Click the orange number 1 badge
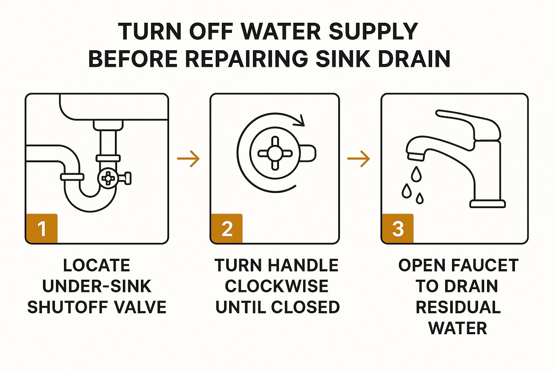(x=42, y=228)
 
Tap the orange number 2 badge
(x=227, y=228)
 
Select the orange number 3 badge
(x=397, y=228)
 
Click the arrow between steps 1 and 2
(x=188, y=159)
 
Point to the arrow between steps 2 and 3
(x=358, y=159)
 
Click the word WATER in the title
(x=281, y=31)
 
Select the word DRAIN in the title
(x=414, y=59)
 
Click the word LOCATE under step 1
(x=96, y=265)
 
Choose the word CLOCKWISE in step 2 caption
(x=276, y=286)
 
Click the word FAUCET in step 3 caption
(x=485, y=265)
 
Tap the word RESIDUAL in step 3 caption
(x=458, y=307)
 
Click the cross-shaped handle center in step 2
(x=275, y=154)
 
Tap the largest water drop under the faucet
(x=416, y=174)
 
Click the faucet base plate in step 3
(x=487, y=204)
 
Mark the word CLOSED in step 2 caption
(x=306, y=307)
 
